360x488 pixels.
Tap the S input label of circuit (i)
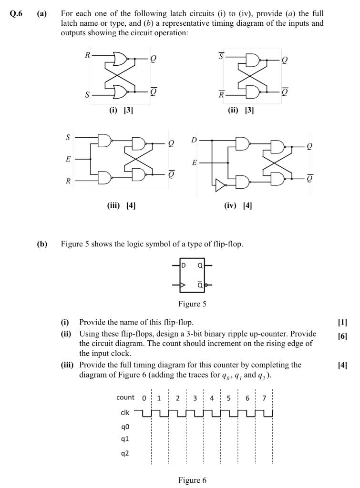[x=87, y=94]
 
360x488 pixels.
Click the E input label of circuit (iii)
[x=68, y=159]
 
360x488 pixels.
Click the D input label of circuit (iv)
[x=194, y=141]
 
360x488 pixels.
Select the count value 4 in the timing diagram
[x=211, y=397]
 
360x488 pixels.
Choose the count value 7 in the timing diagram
[x=264, y=397]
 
